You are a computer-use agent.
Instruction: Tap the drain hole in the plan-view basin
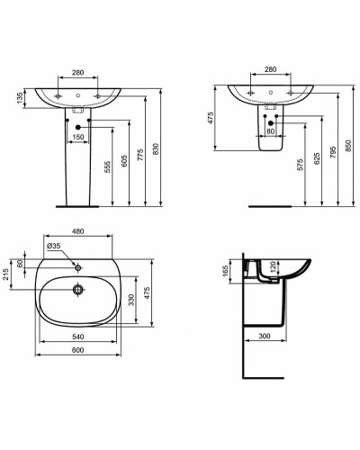point(77,290)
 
